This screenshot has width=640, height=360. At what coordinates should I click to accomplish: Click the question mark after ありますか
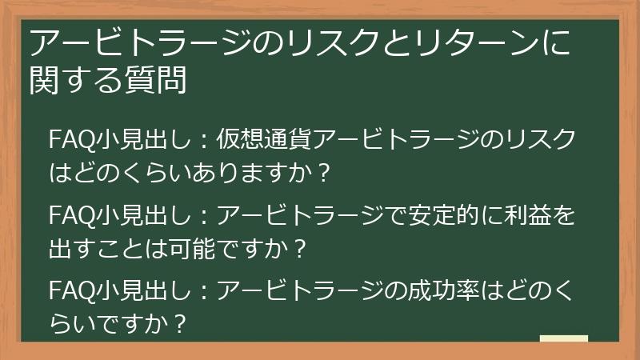pos(324,172)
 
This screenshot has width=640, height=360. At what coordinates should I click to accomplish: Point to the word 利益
pos(531,216)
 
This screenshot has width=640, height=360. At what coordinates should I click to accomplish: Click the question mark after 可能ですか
pos(301,250)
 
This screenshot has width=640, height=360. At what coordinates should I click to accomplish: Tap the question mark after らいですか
pos(183,324)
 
